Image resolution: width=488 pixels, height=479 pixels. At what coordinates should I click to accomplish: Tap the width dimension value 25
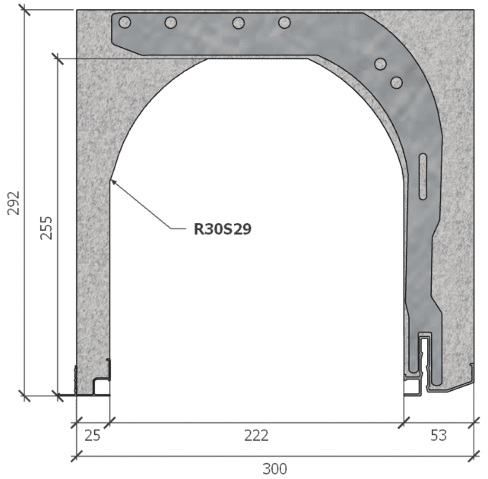91,435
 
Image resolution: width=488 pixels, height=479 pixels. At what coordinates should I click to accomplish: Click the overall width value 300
275,468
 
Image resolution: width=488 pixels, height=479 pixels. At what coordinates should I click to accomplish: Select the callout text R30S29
222,227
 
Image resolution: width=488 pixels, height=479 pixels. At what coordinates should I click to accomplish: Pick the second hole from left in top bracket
171,23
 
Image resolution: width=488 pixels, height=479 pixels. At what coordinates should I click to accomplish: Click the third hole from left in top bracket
238,23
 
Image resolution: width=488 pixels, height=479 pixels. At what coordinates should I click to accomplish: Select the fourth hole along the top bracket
284,23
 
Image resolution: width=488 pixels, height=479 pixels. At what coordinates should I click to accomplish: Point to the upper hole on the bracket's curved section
381,64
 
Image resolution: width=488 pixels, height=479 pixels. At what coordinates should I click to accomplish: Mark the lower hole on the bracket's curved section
396,81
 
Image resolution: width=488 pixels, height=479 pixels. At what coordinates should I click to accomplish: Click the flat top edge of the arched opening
258,58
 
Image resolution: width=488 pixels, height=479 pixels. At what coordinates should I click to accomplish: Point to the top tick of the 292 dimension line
25,10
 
